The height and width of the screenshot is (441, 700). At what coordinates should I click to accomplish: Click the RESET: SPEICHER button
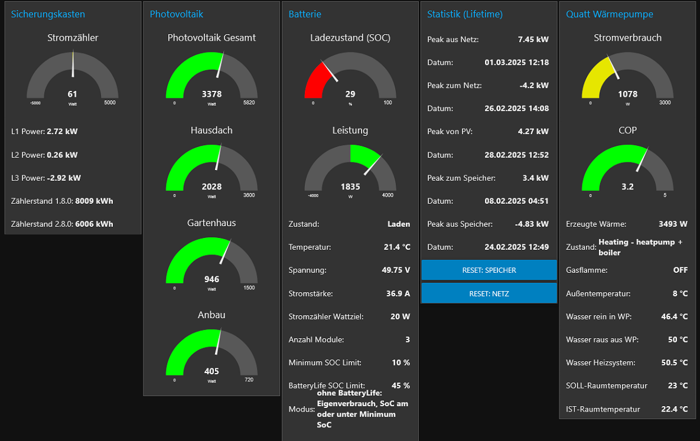pyautogui.click(x=489, y=270)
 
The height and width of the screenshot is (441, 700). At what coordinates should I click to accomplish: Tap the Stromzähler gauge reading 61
pyautogui.click(x=72, y=94)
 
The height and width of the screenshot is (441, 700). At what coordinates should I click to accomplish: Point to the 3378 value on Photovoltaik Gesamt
pyautogui.click(x=211, y=94)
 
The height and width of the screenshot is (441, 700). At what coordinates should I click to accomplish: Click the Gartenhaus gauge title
pyautogui.click(x=211, y=223)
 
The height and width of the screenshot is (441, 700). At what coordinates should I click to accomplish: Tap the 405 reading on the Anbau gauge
pyautogui.click(x=211, y=371)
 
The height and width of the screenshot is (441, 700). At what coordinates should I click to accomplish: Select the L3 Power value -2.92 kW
pyautogui.click(x=64, y=178)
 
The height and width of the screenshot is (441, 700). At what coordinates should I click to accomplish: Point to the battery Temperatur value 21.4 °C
pyautogui.click(x=396, y=247)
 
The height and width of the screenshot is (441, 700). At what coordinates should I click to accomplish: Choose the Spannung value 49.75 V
pyautogui.click(x=396, y=270)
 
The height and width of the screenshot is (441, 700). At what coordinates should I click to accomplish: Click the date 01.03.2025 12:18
pyautogui.click(x=516, y=62)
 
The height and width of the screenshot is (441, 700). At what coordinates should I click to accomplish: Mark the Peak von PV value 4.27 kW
pyautogui.click(x=533, y=132)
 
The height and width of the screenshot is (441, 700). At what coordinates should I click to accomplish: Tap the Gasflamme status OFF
pyautogui.click(x=681, y=270)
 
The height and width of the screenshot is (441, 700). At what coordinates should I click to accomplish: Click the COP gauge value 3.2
pyautogui.click(x=627, y=187)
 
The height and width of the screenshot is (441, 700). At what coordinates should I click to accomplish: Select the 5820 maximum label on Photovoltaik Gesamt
pyautogui.click(x=249, y=103)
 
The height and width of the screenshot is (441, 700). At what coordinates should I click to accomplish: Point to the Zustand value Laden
pyautogui.click(x=398, y=224)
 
